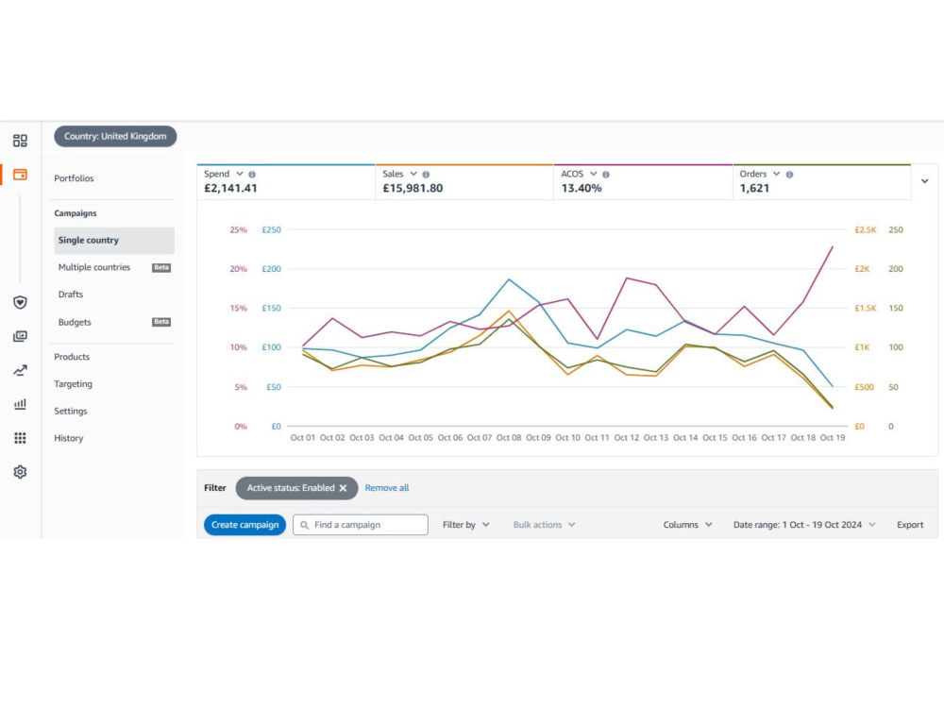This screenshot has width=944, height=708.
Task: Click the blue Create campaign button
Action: coord(244,524)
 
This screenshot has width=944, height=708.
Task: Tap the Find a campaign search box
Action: coord(360,524)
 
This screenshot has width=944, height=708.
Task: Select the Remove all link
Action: coord(386,488)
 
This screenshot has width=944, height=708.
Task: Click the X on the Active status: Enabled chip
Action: coord(344,488)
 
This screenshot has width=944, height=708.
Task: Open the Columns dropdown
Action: coord(687,524)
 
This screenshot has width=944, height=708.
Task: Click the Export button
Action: coord(910,524)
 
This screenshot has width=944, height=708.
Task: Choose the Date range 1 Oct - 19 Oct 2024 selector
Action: coord(803,524)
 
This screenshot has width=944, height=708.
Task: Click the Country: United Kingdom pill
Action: coord(115,136)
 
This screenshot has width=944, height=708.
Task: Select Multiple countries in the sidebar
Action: coord(94,267)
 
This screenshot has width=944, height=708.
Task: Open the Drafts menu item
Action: coord(71,295)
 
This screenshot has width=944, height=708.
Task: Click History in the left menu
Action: coord(69,438)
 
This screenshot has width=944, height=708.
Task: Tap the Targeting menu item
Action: coord(74,384)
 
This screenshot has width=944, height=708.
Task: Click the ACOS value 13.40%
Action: coord(581,189)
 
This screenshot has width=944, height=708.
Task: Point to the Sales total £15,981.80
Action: coord(413,189)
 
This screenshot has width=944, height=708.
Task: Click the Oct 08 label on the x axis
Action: coord(509,438)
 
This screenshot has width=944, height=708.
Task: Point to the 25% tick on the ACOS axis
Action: coord(239,230)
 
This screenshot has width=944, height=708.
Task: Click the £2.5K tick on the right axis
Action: coord(865,230)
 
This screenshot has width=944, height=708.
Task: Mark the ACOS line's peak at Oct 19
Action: coord(833,246)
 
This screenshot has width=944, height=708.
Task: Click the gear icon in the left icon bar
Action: coord(20,472)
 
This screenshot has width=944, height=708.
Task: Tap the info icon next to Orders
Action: coord(789,175)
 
